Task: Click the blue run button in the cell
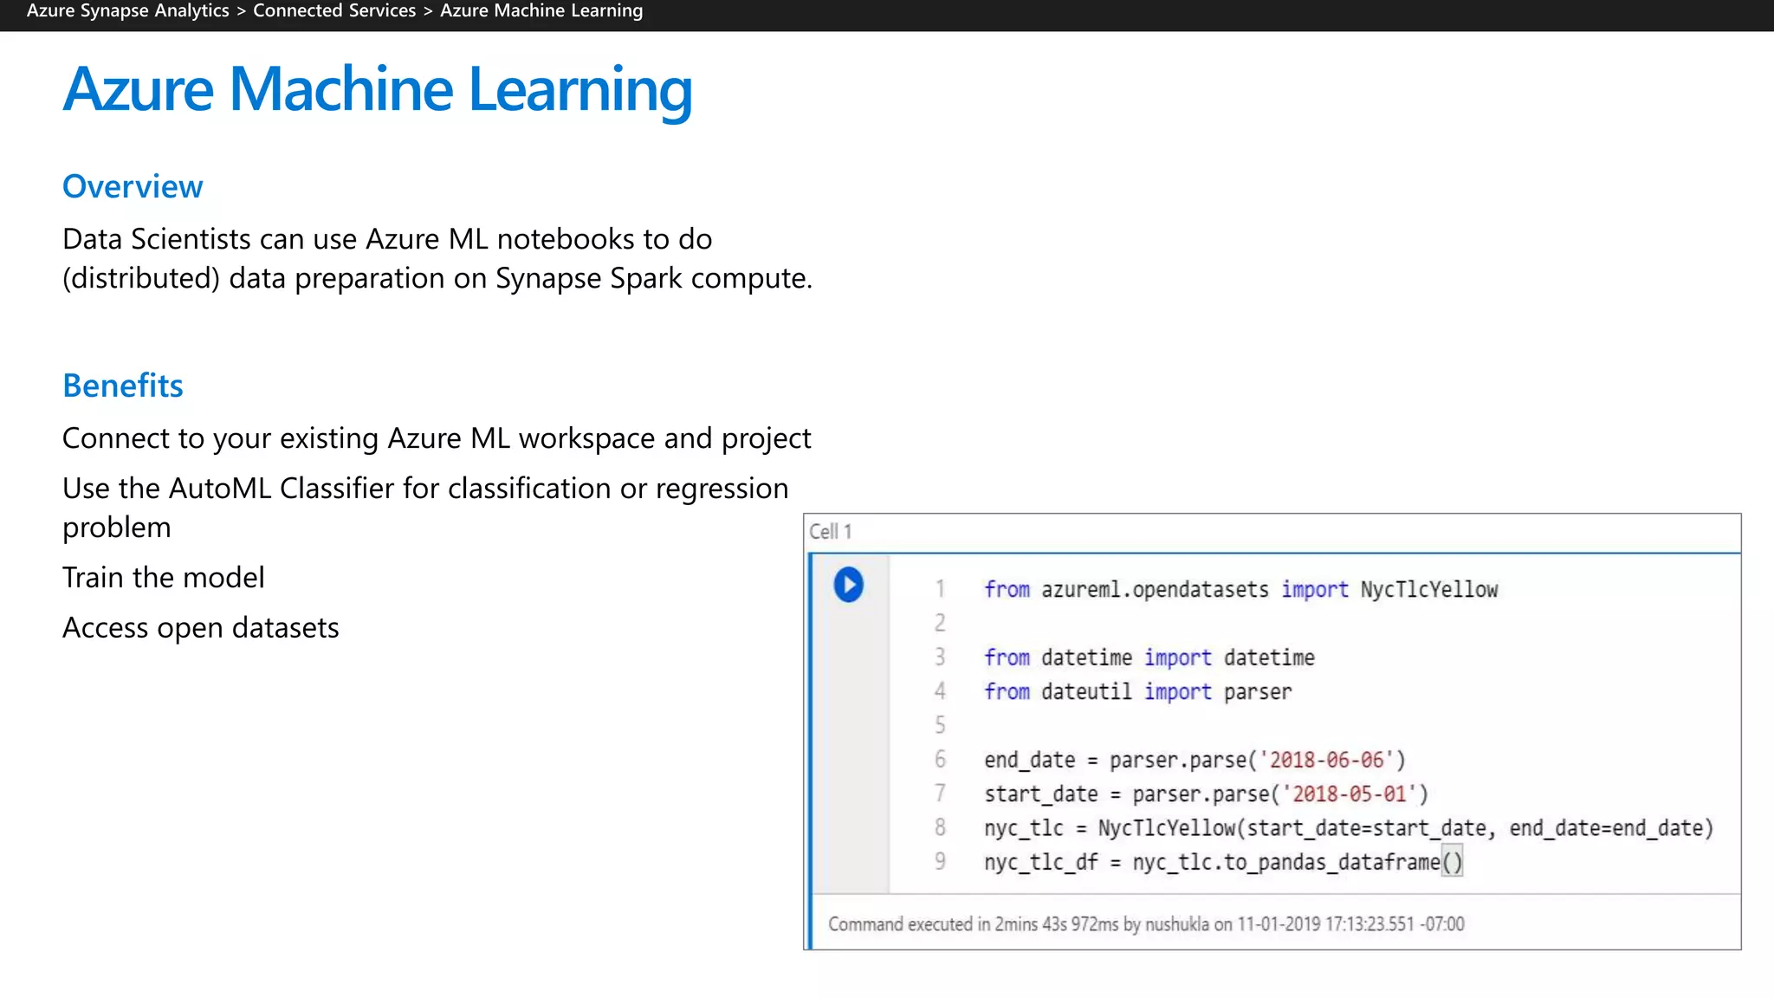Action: pos(848,585)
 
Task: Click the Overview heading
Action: pos(133,186)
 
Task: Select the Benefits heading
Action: pos(123,386)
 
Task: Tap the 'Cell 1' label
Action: pos(830,531)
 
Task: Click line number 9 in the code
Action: pos(940,861)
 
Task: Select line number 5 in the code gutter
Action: pos(940,725)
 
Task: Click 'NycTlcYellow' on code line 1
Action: pos(1428,589)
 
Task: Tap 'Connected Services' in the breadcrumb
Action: pos(334,11)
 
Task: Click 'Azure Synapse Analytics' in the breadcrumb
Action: pos(128,11)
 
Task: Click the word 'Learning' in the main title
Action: pos(579,89)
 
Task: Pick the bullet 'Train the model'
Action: pos(164,577)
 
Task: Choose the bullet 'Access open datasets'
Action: pos(201,627)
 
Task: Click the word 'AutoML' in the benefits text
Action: pos(220,489)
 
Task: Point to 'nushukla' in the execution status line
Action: pos(1176,923)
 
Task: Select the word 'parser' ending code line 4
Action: pos(1257,691)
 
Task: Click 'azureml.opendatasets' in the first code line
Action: pos(1155,589)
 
